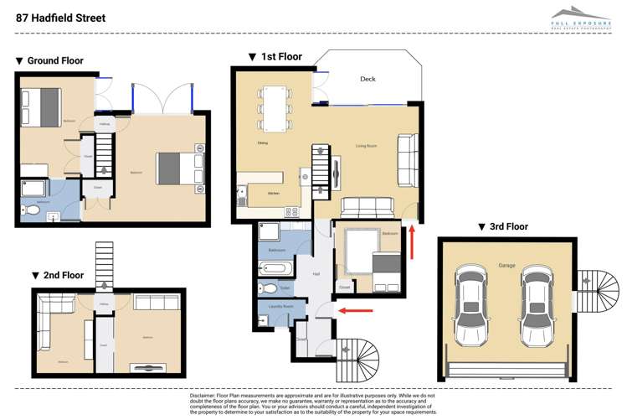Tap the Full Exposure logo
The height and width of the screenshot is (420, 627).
(x=581, y=18)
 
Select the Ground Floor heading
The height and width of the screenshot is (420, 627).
(x=49, y=61)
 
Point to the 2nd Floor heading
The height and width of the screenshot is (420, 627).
(x=58, y=275)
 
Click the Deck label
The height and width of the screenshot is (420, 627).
(x=367, y=79)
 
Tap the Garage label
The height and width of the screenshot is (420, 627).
(x=506, y=265)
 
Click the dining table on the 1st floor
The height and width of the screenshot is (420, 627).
(x=275, y=108)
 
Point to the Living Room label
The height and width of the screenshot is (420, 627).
(x=366, y=146)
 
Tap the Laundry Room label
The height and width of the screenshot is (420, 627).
(x=282, y=307)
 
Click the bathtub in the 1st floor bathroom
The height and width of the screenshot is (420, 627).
(x=275, y=268)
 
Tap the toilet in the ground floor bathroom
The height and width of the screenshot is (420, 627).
(x=33, y=210)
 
